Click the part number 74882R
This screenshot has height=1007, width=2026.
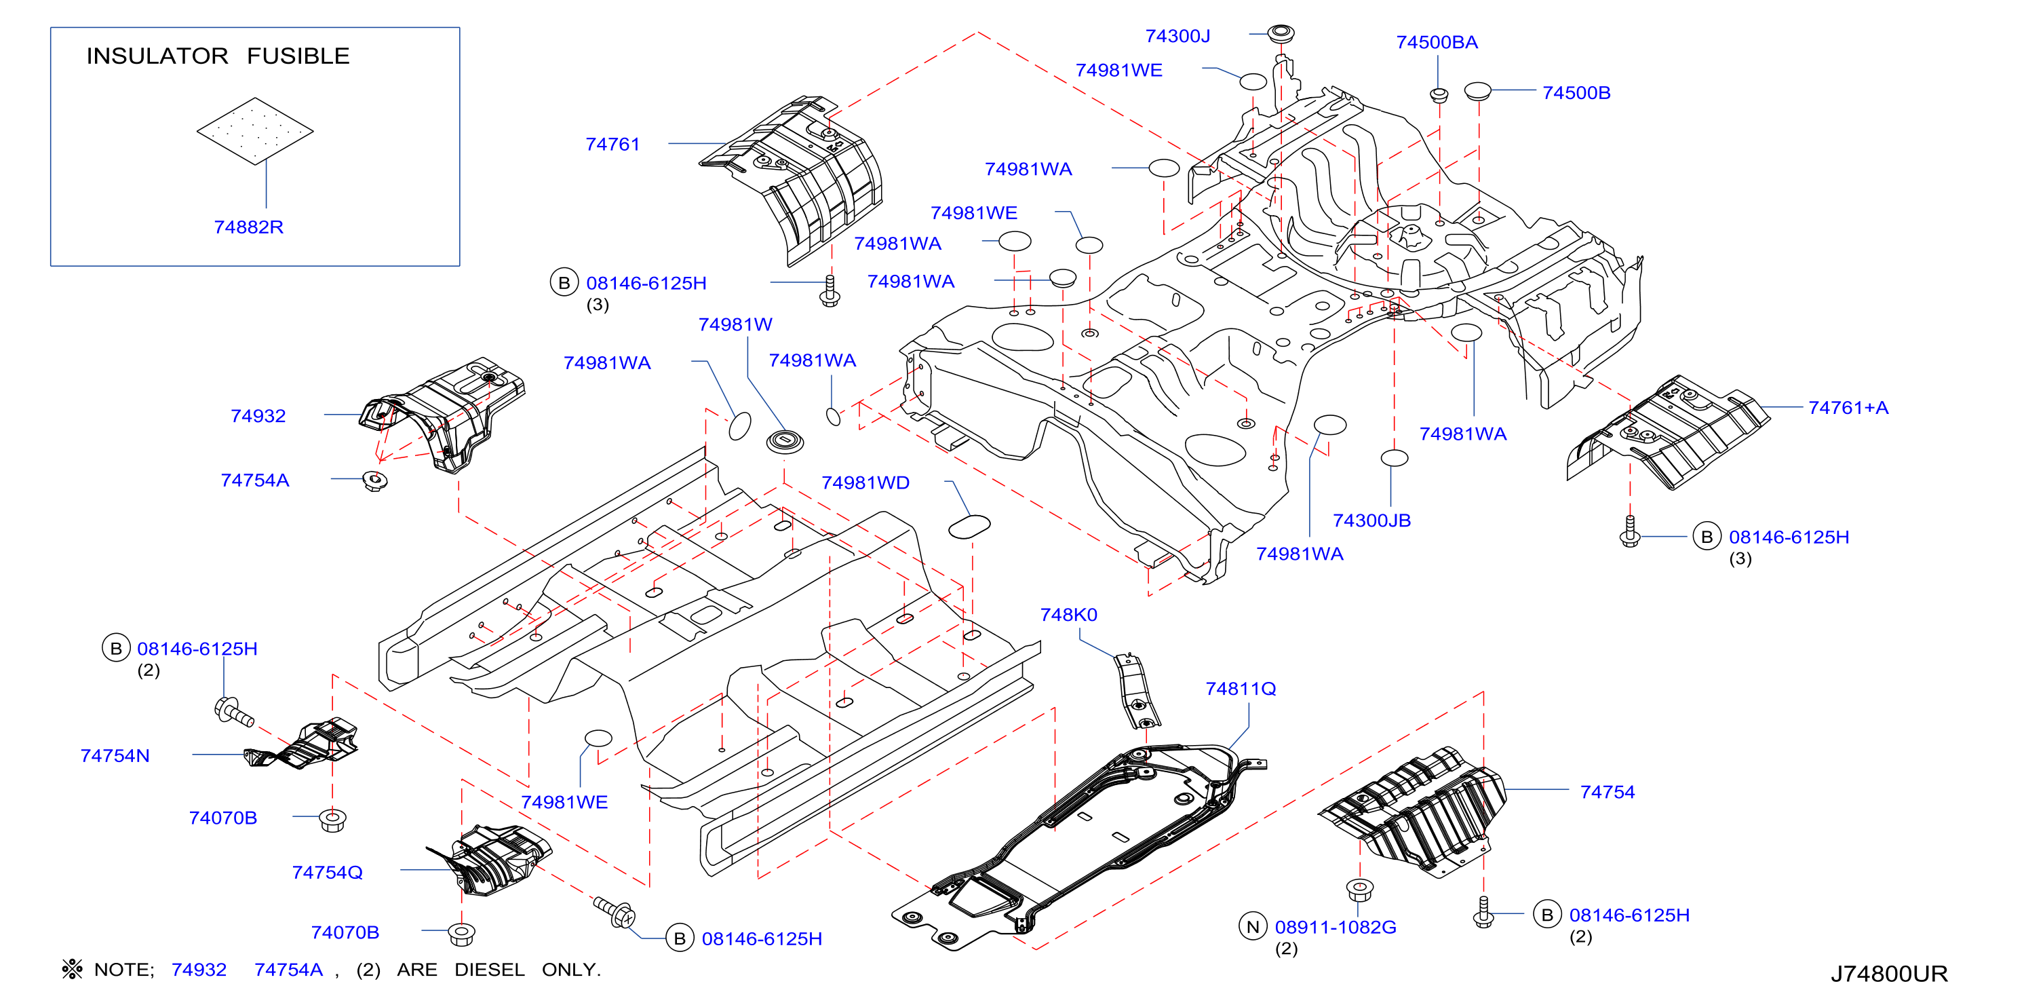[248, 227]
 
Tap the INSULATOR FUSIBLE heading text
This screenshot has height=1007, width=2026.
[218, 56]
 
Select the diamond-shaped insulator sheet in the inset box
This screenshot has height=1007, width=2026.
[255, 132]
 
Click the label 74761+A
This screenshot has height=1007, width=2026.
[1848, 408]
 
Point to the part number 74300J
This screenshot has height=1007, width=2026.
[1177, 36]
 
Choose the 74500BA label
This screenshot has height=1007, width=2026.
[1437, 43]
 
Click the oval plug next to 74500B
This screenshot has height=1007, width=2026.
[1478, 91]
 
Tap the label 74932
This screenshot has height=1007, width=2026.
[258, 416]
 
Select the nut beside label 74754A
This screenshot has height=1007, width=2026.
[375, 480]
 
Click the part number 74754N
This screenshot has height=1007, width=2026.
[115, 756]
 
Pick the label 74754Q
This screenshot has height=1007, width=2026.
[327, 873]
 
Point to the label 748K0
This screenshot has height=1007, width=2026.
[1068, 615]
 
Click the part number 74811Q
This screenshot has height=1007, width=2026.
[1241, 689]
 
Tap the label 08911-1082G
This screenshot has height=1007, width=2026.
[1336, 928]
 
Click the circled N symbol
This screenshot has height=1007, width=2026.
[1253, 927]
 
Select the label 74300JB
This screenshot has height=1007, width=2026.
[1371, 521]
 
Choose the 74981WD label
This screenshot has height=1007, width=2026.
[865, 483]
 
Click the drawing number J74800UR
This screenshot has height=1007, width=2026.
[1889, 974]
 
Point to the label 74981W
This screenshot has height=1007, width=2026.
[735, 325]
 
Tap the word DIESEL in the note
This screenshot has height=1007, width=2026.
[489, 970]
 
